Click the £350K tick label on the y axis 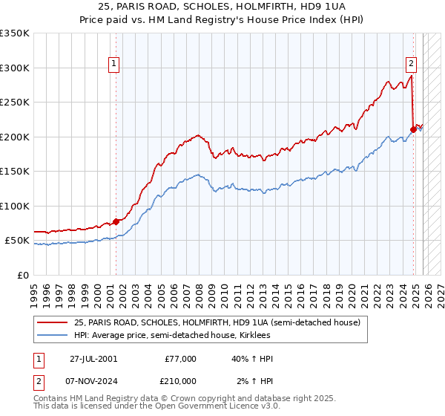coord(14,33)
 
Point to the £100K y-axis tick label coord(14,206)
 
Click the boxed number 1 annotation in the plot coord(114,65)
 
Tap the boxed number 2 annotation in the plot coord(411,65)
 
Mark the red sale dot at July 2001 coord(116,221)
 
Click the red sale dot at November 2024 coord(413,130)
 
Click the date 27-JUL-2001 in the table coord(98,359)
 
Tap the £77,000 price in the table coord(181,359)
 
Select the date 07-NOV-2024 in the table coord(98,380)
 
